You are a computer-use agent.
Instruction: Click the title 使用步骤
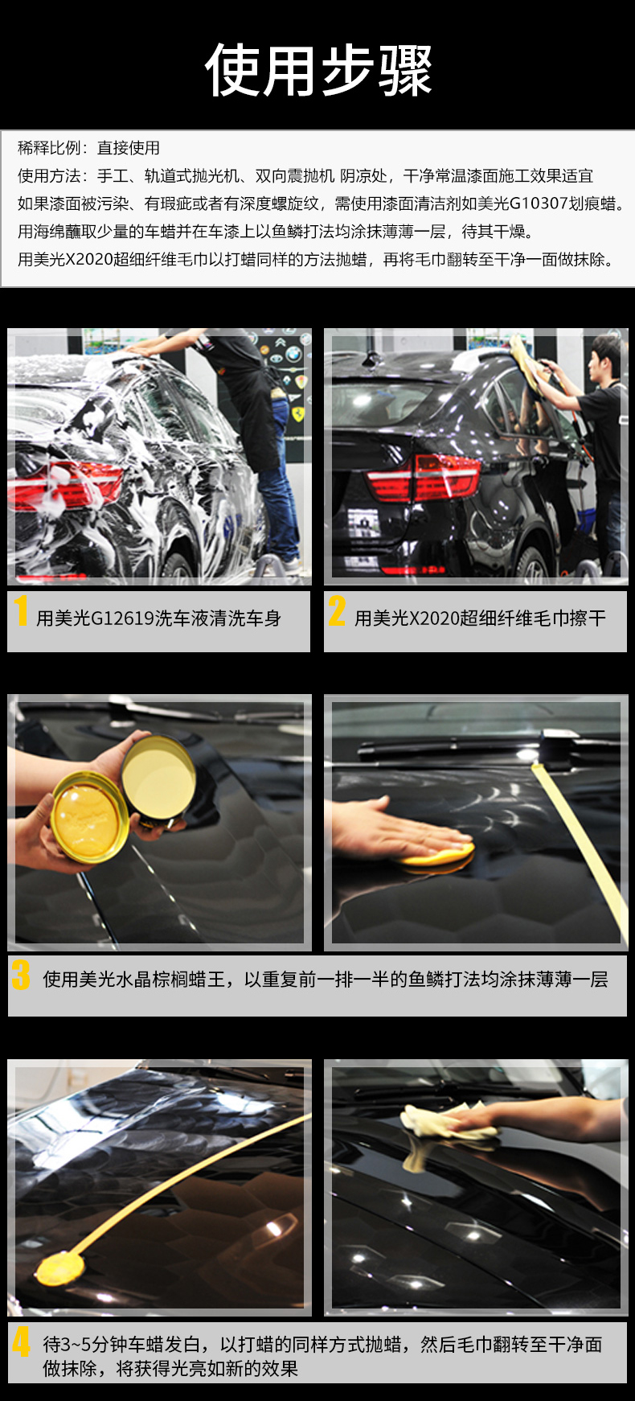point(319,71)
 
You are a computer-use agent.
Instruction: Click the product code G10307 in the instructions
point(539,203)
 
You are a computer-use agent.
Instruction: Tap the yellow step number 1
point(21,610)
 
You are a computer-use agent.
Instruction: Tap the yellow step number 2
point(337,610)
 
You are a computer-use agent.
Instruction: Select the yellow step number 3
point(21,976)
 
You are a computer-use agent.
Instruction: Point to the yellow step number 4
point(21,1342)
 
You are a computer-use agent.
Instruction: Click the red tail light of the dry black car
point(423,478)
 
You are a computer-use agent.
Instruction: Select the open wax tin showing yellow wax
point(88,816)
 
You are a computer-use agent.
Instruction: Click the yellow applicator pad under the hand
point(438,854)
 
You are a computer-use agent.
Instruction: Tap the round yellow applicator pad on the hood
point(61,1267)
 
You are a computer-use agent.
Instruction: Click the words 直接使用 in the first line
point(129,148)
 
